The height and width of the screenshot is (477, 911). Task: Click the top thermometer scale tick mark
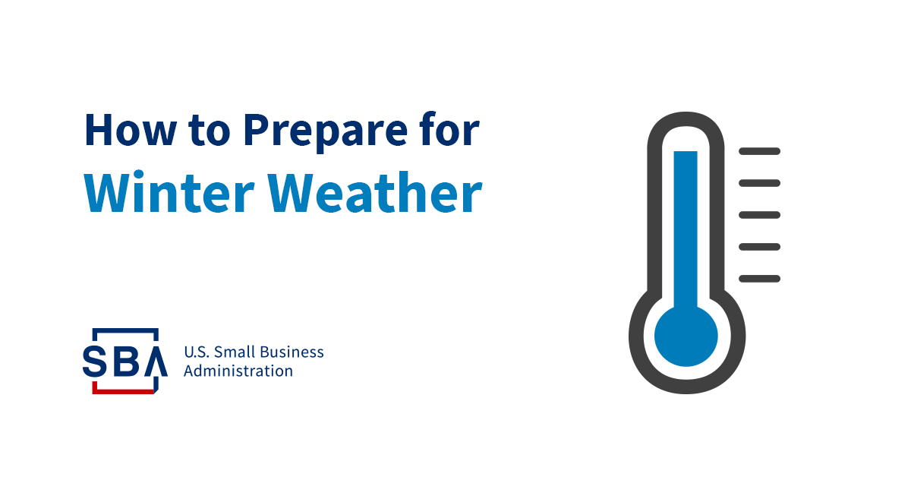[759, 151]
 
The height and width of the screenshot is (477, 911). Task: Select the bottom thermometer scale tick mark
[759, 279]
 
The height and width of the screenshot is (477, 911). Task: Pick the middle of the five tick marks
[759, 215]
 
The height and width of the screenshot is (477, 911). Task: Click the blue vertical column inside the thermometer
[686, 228]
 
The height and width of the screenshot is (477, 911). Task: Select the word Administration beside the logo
[238, 371]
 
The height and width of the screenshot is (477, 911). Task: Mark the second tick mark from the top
[759, 183]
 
